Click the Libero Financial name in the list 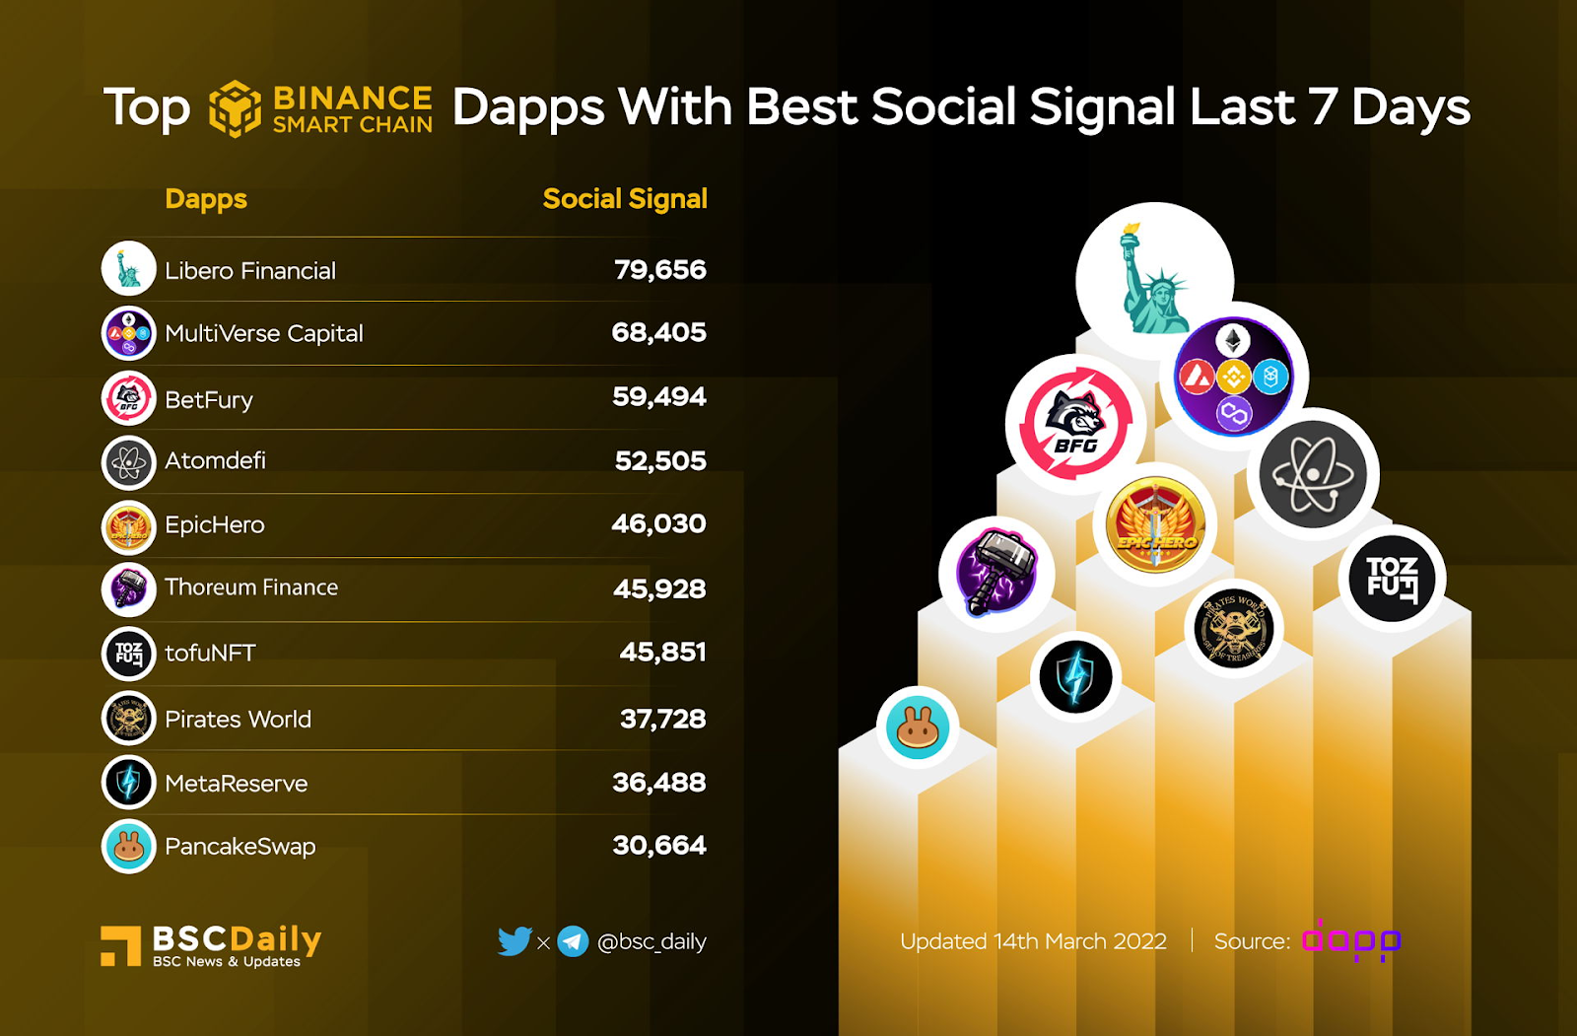click(x=249, y=271)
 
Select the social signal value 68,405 click(x=658, y=333)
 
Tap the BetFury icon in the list click(x=129, y=398)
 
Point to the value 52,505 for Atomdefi click(x=660, y=461)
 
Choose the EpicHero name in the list click(x=214, y=524)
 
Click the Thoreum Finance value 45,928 click(x=659, y=589)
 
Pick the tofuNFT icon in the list click(x=129, y=654)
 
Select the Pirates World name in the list click(x=238, y=720)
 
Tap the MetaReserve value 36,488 click(x=658, y=783)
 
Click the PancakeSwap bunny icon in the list click(x=129, y=846)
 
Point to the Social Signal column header click(x=625, y=199)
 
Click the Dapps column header click(x=206, y=199)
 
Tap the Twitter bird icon click(x=514, y=941)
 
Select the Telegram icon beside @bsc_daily click(x=573, y=941)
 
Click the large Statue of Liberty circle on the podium click(x=1154, y=281)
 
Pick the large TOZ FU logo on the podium click(x=1392, y=579)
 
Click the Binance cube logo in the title click(x=235, y=108)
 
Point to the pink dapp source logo click(x=1350, y=941)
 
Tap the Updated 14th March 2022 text click(x=1033, y=941)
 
